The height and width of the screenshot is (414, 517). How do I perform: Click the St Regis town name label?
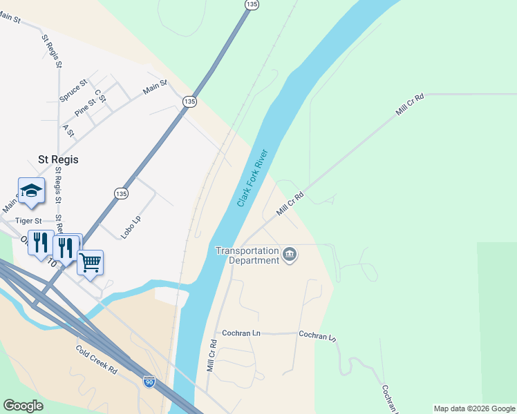click(x=58, y=159)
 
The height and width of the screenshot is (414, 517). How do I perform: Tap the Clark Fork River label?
click(x=252, y=177)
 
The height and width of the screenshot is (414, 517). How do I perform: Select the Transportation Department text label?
click(x=247, y=255)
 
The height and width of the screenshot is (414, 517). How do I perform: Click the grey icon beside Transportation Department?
click(x=290, y=255)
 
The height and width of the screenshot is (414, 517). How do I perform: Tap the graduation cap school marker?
click(x=31, y=191)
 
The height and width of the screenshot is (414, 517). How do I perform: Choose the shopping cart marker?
click(x=90, y=263)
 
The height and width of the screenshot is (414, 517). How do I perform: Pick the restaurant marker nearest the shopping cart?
click(x=66, y=247)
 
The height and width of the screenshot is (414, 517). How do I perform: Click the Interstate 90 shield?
click(x=149, y=381)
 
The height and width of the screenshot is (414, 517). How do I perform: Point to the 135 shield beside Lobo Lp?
click(x=121, y=194)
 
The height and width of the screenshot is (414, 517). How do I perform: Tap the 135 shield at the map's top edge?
click(x=252, y=5)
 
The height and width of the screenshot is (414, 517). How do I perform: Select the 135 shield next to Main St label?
click(x=189, y=101)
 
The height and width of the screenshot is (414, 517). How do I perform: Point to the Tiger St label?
click(x=29, y=221)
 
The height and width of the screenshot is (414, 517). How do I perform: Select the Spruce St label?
click(x=73, y=91)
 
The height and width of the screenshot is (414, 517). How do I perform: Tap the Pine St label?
click(x=85, y=107)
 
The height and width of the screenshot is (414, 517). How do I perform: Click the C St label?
click(x=100, y=96)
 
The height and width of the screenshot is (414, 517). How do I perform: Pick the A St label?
click(x=68, y=130)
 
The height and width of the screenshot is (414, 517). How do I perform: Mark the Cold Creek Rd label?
click(x=97, y=359)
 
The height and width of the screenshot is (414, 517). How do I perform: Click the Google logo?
click(x=23, y=406)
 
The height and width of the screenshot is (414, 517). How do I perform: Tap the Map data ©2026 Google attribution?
click(x=474, y=408)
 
